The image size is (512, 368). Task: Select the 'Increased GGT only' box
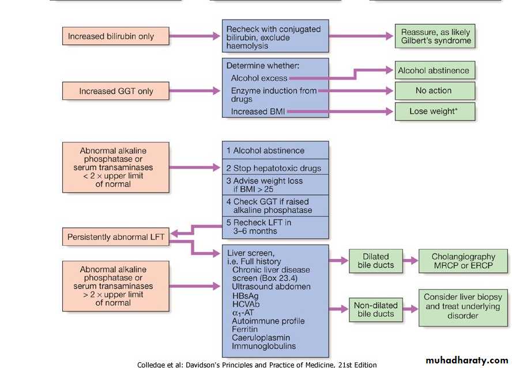(115, 91)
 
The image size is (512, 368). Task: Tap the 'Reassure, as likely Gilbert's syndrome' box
(435, 36)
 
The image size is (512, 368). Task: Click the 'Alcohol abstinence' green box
(434, 71)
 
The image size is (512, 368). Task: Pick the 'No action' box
(434, 91)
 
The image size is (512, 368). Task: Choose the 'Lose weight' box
(434, 111)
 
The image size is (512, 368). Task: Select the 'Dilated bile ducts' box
(375, 261)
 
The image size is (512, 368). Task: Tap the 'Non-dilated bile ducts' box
(375, 309)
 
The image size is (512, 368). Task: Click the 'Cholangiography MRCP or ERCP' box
(463, 261)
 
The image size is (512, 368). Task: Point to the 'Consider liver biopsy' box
(462, 306)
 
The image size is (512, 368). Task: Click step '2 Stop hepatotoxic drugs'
(273, 168)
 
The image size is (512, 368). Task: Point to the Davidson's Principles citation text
(257, 364)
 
